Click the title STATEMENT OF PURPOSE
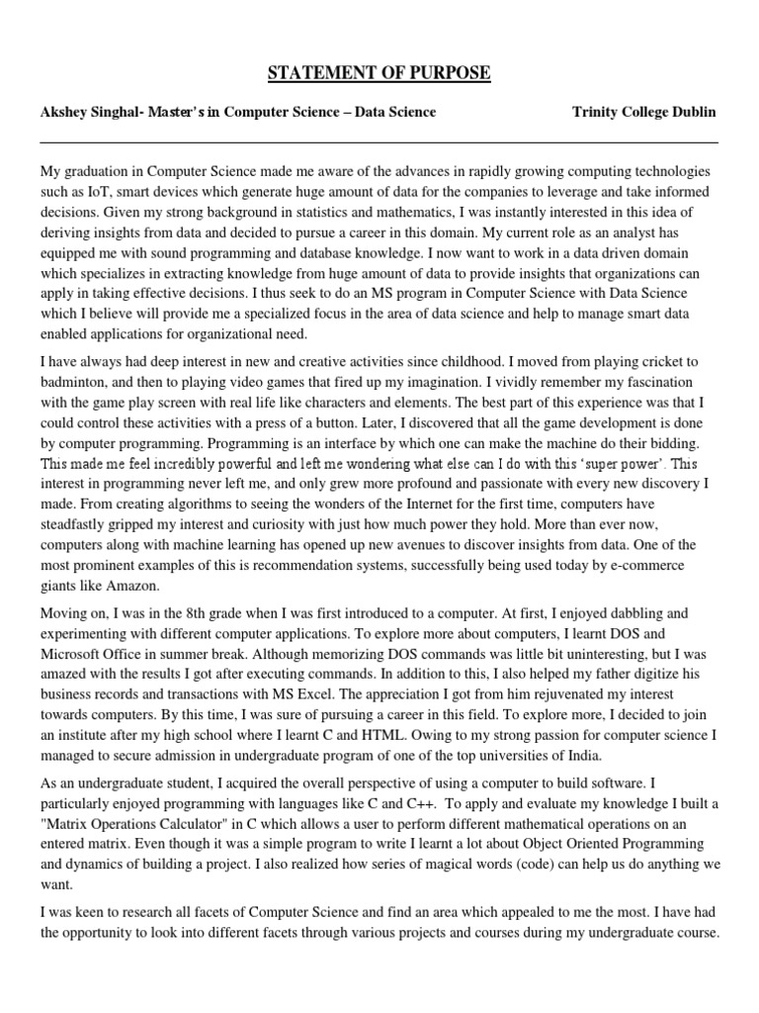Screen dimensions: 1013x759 [379, 74]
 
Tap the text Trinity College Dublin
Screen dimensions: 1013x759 [643, 112]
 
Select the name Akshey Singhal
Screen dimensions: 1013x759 [89, 112]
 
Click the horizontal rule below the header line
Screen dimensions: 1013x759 [379, 141]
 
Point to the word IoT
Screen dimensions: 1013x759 [109, 190]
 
